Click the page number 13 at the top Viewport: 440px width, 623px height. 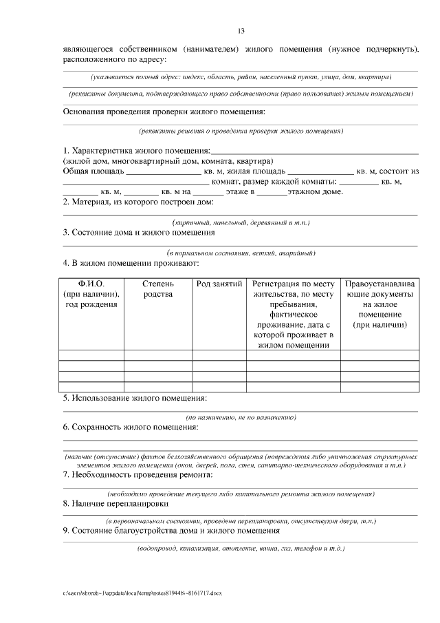(241, 31)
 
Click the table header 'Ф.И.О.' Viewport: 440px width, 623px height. (91, 283)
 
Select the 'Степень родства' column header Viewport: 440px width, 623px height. (158, 288)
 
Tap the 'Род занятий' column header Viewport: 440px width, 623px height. (219, 283)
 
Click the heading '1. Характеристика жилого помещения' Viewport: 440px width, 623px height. (136, 151)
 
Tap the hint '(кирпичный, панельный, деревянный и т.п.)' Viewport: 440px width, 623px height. (241, 223)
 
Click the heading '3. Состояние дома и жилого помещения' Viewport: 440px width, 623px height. (139, 233)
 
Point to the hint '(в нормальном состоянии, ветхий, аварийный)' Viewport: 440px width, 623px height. (241, 253)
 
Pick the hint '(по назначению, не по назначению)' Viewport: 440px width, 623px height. (241, 418)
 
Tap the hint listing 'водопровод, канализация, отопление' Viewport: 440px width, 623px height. (241, 549)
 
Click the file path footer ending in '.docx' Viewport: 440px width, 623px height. (143, 592)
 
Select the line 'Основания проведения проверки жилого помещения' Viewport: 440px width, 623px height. (164, 111)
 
